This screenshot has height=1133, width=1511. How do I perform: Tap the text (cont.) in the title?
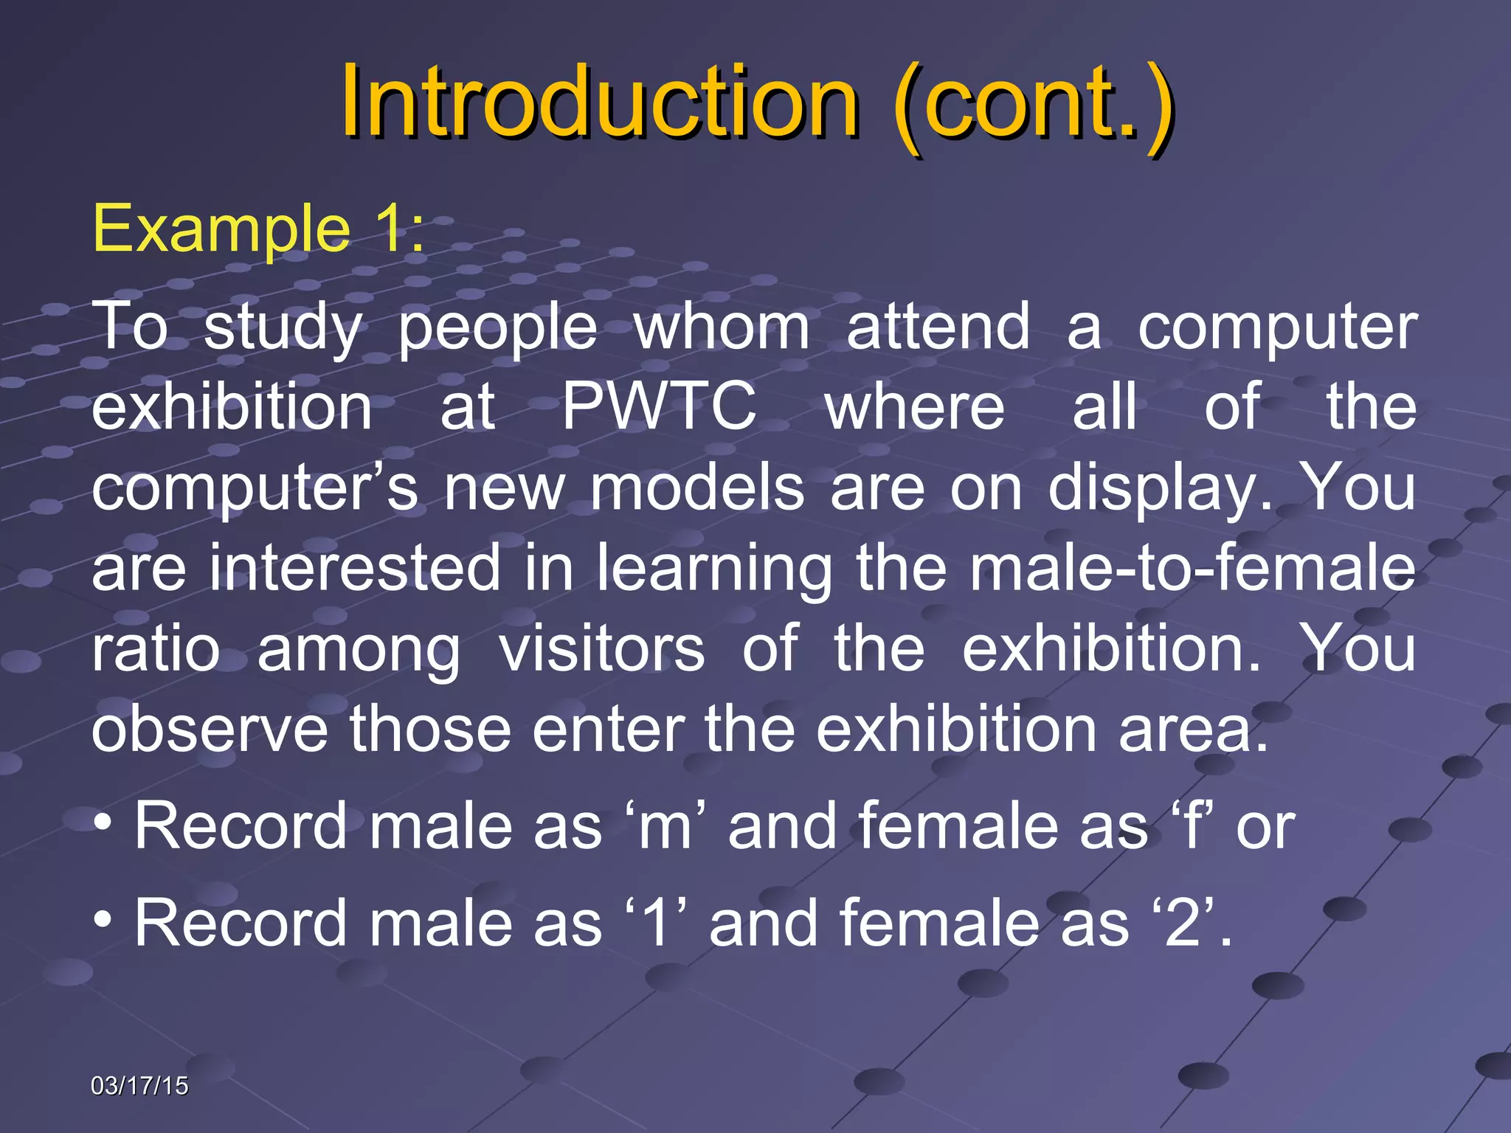click(1033, 103)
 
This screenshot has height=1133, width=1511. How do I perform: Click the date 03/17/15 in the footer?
click(139, 1086)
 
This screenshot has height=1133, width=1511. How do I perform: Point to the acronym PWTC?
click(659, 406)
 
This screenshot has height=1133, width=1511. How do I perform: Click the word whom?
click(722, 327)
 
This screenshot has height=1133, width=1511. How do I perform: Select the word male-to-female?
click(1192, 568)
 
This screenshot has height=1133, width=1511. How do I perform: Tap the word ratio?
click(156, 648)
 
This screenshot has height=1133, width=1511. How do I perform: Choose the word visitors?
click(601, 648)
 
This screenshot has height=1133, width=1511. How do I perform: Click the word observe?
click(210, 730)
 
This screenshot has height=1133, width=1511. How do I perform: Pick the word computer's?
click(255, 489)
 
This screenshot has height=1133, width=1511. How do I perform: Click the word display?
click(1159, 489)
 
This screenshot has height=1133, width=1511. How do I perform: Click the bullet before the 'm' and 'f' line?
click(103, 822)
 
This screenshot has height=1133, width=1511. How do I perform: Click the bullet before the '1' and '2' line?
click(103, 919)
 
